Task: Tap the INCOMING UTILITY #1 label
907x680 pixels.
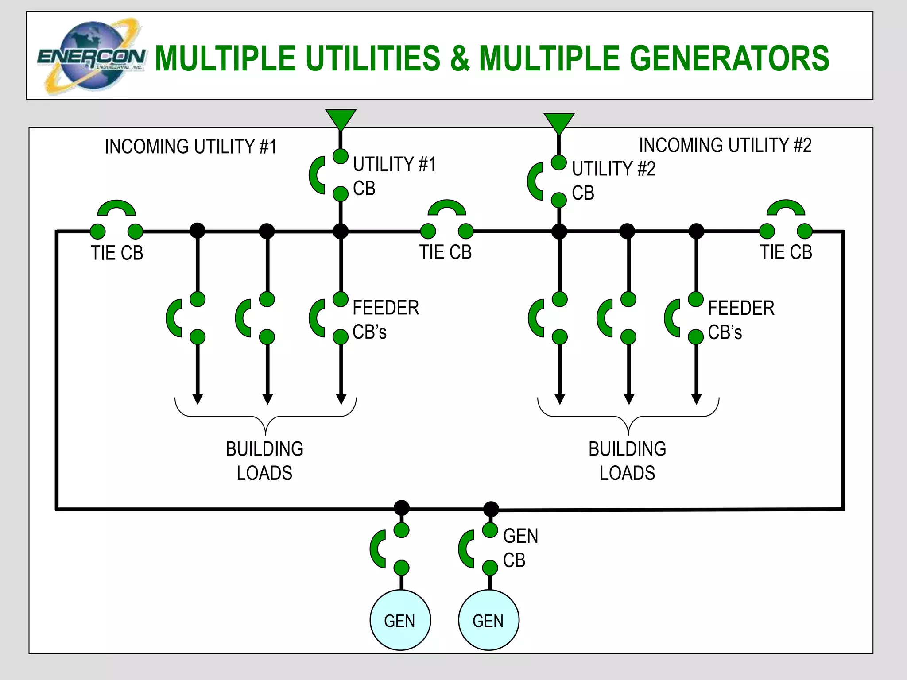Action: (190, 147)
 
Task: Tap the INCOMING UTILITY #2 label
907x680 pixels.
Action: (725, 145)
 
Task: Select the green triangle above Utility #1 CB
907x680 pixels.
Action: (341, 119)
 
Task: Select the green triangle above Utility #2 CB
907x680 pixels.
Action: (559, 123)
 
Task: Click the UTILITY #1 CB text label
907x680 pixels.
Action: (394, 176)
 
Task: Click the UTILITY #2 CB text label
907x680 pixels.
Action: (613, 180)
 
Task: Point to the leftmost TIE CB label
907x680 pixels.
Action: (117, 253)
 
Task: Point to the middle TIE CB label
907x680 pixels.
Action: (446, 252)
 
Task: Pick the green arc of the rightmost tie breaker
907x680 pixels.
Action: (786, 206)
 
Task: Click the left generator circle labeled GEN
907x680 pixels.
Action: (400, 620)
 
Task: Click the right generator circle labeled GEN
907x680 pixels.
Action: (488, 620)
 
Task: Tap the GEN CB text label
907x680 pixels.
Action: (520, 548)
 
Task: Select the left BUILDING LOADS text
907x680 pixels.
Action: (264, 460)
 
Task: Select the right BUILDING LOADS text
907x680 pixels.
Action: (627, 460)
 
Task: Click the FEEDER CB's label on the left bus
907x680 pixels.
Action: (385, 320)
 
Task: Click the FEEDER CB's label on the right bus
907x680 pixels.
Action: (741, 320)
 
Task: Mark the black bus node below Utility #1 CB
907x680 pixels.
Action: (341, 231)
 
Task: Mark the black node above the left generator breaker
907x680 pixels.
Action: (402, 508)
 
